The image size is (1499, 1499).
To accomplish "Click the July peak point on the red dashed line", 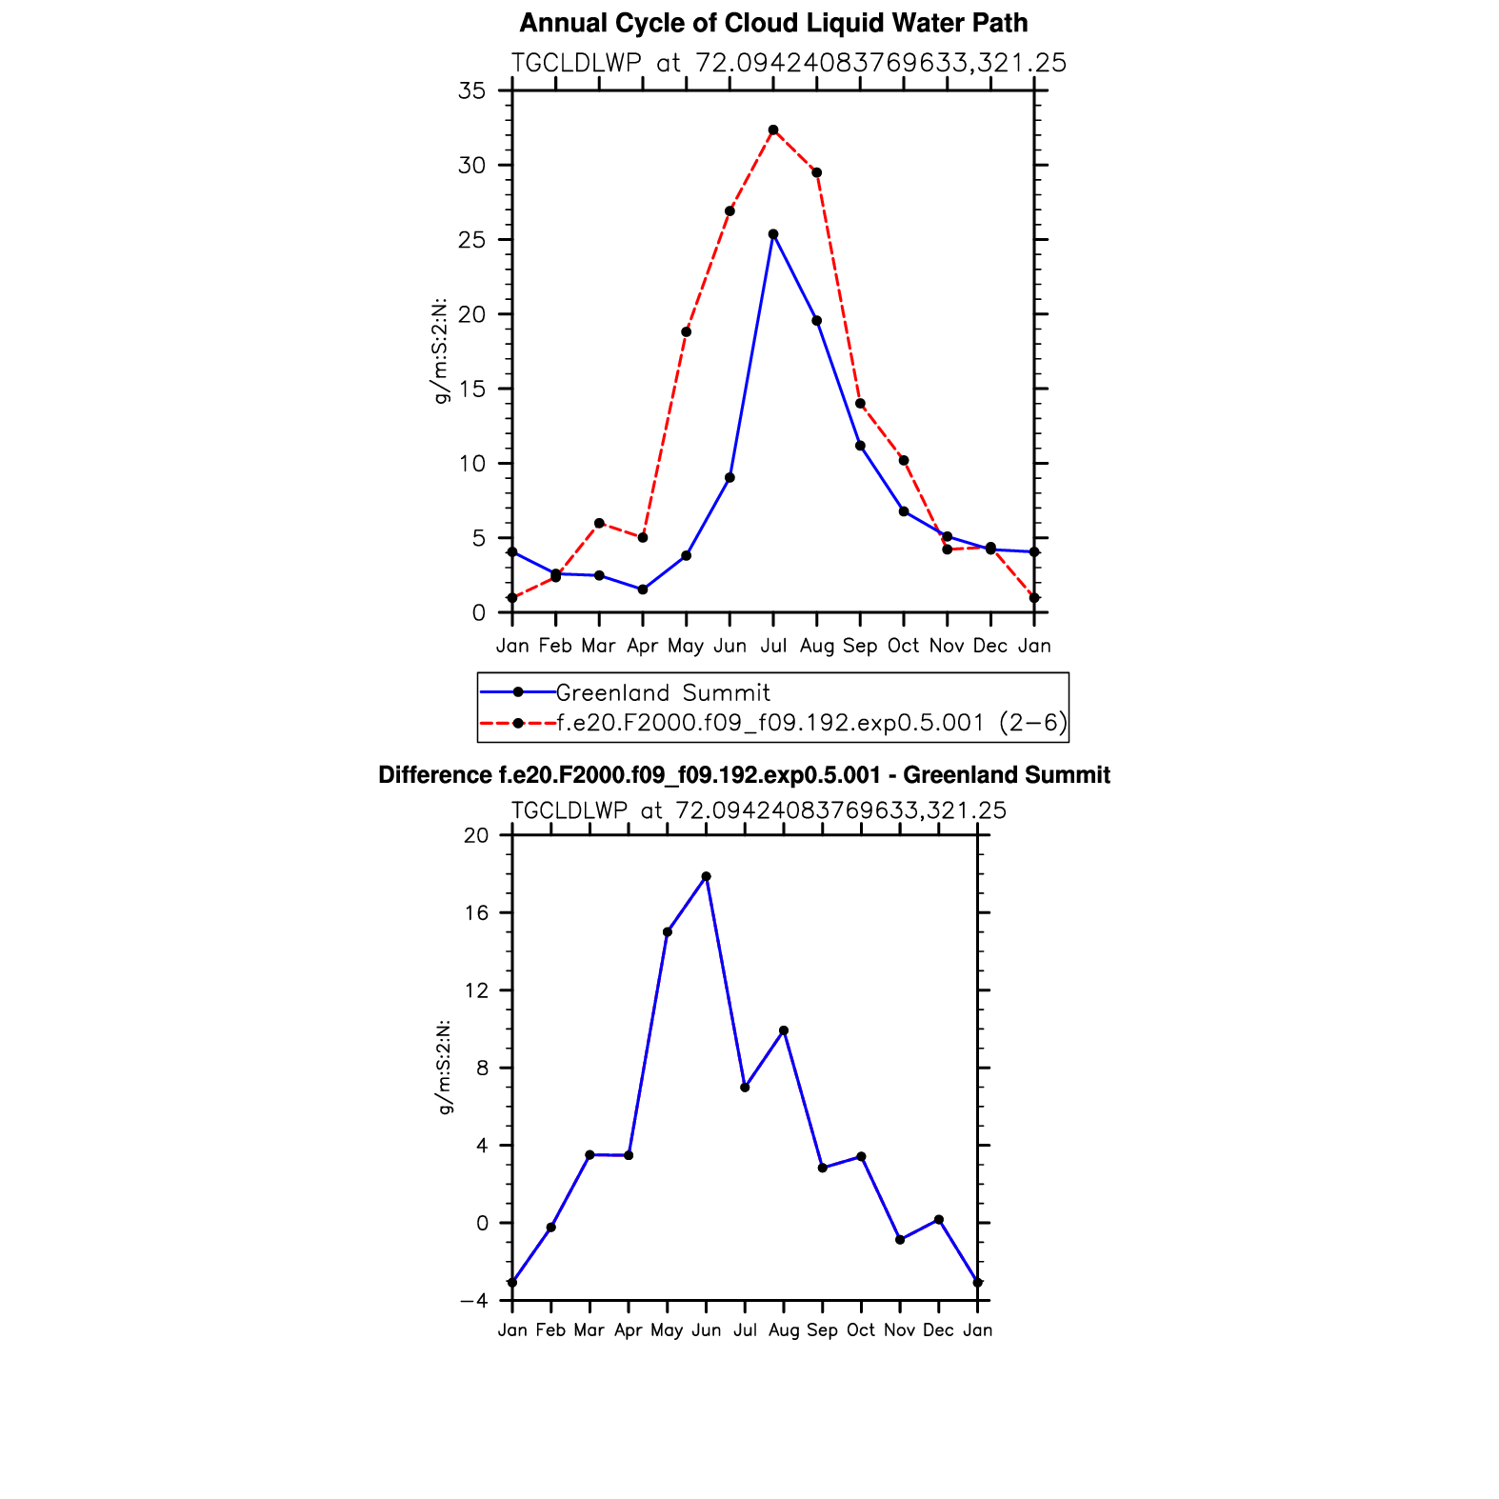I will click(x=773, y=130).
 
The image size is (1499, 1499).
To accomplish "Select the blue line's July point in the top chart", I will click(x=773, y=234).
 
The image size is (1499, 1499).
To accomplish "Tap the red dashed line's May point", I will click(x=686, y=331).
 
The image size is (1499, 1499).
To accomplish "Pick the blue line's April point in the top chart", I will click(x=643, y=590).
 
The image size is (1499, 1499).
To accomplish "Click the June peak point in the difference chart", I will click(x=706, y=876).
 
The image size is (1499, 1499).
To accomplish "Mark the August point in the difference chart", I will click(x=784, y=1030).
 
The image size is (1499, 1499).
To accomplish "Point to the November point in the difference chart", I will click(x=900, y=1239).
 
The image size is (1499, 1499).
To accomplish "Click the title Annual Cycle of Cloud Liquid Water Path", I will click(x=773, y=23).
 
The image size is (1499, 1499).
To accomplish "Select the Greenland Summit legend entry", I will click(x=663, y=692).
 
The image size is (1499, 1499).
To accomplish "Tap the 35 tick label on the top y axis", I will click(x=471, y=90).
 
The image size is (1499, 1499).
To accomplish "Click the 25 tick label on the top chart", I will click(x=471, y=240).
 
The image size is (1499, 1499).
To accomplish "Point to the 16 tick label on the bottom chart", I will click(x=475, y=912).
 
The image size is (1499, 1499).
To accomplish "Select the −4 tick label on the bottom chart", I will click(x=473, y=1300).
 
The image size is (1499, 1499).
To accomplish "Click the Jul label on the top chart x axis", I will click(x=773, y=646).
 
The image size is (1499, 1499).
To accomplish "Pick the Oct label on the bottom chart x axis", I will click(x=861, y=1329).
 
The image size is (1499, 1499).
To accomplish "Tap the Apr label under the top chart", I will click(x=643, y=646).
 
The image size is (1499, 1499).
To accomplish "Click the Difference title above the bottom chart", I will click(x=744, y=775).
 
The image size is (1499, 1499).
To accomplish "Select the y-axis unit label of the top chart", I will click(x=440, y=351).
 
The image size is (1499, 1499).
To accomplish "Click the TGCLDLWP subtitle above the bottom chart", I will click(x=758, y=810).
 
